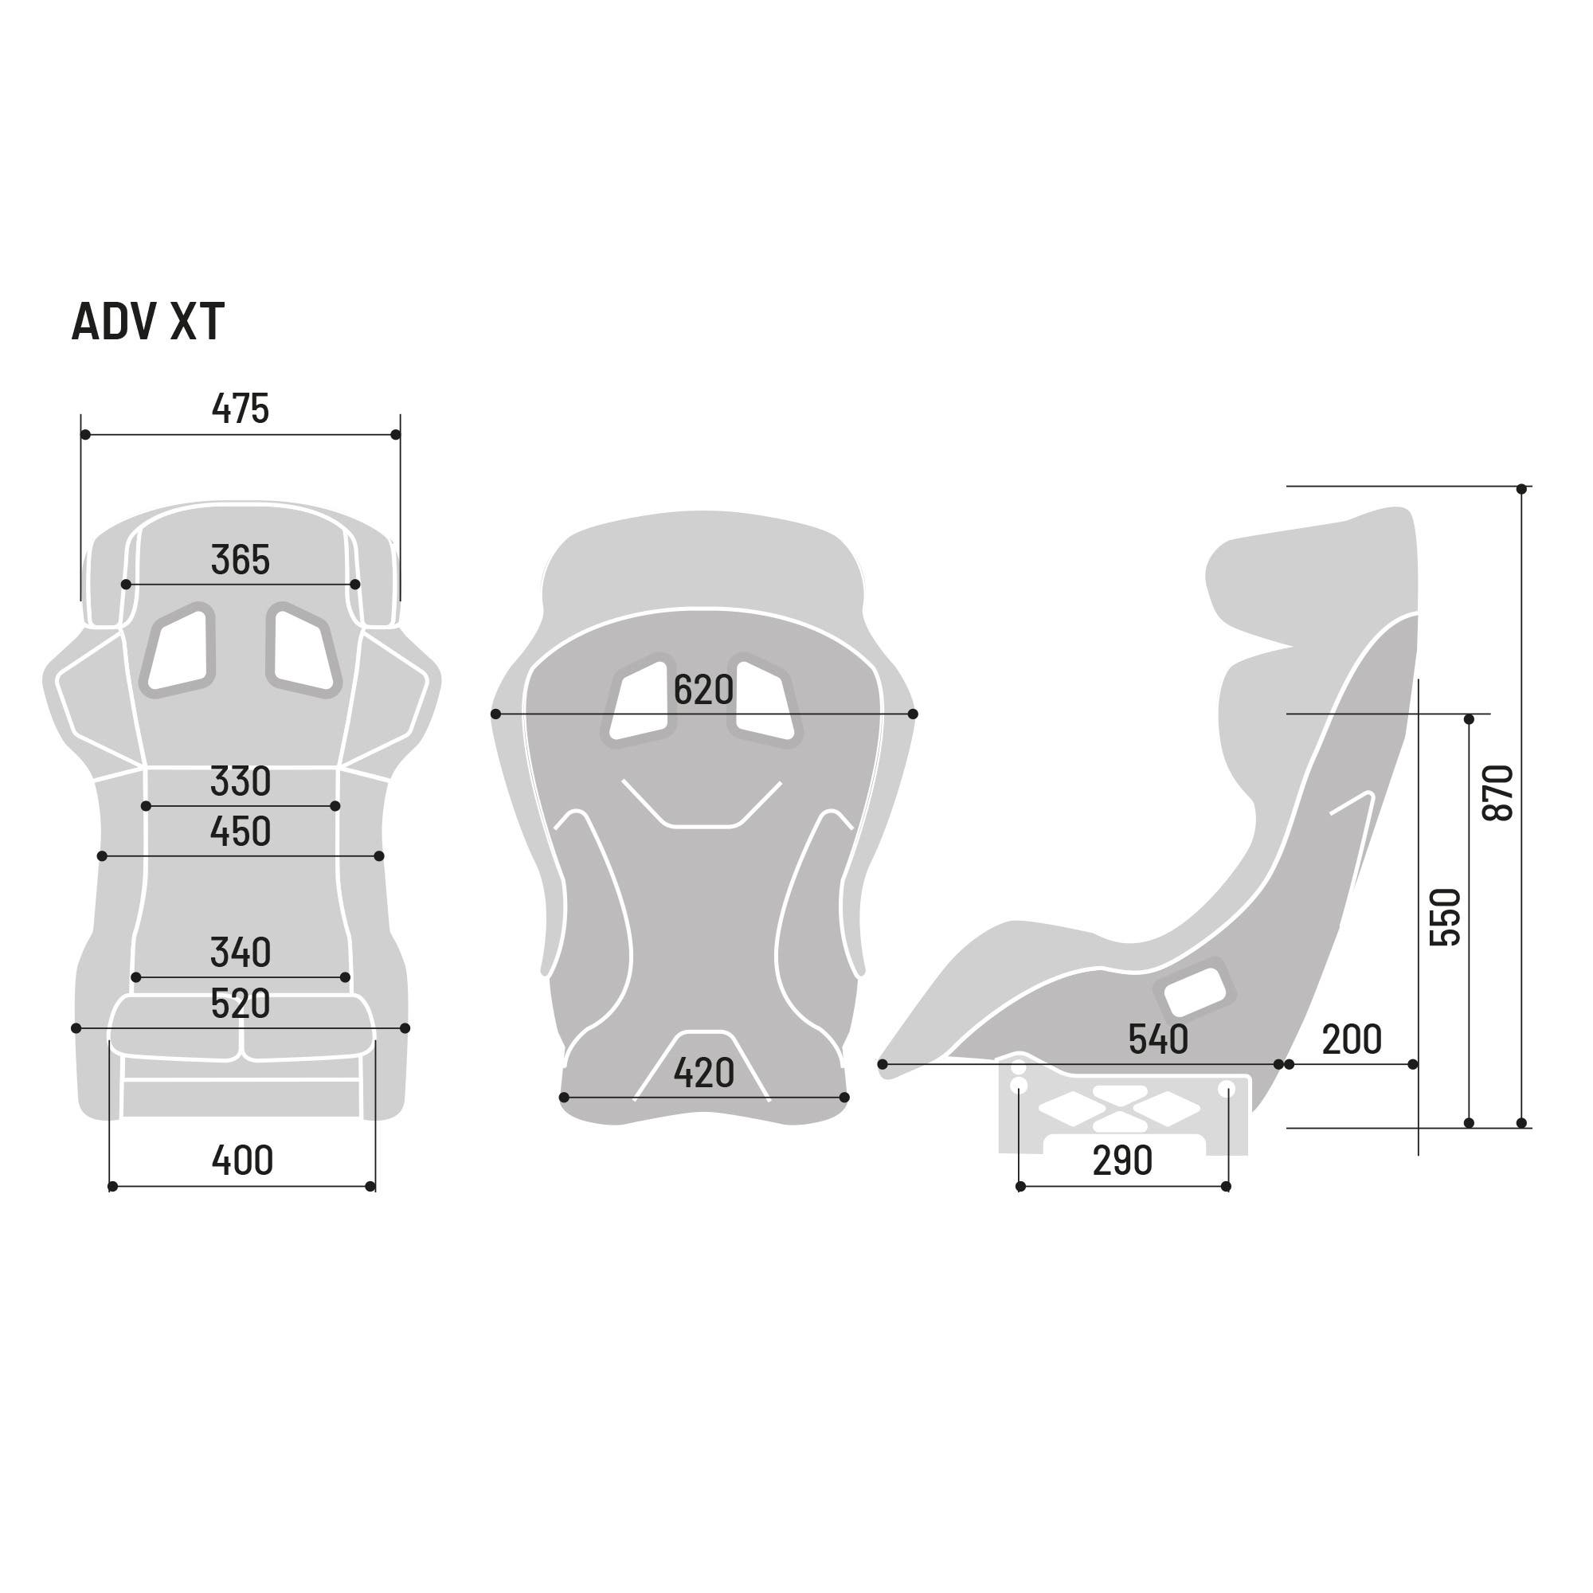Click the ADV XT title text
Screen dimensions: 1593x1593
tap(147, 322)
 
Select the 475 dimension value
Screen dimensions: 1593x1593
tap(240, 408)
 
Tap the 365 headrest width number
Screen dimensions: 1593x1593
tap(240, 560)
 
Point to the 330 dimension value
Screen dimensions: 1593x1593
tap(240, 781)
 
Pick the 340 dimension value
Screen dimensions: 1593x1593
tap(240, 953)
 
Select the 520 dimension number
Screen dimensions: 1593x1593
tap(240, 1004)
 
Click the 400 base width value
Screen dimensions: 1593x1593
tap(241, 1161)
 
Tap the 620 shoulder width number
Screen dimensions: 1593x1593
tap(703, 690)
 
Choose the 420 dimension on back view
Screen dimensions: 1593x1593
tap(703, 1073)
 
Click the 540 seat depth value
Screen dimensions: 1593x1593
tap(1157, 1039)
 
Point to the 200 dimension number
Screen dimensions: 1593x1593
tap(1352, 1039)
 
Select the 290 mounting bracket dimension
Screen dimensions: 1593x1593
tap(1122, 1161)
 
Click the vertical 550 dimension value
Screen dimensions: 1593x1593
tap(1445, 917)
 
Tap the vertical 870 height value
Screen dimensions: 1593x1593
tap(1499, 793)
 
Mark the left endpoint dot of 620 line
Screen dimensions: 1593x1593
tap(495, 714)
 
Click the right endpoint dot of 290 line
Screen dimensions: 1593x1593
tap(1226, 1187)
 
